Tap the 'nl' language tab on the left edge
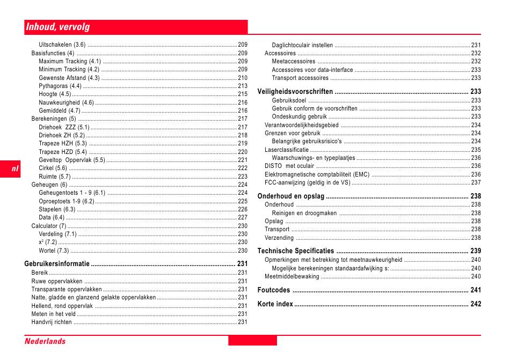(15, 168)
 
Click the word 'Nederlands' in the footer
(45, 341)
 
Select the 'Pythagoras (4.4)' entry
(60, 86)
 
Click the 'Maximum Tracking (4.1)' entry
(70, 61)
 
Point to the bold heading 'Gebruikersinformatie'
(57, 263)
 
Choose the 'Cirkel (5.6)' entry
(53, 168)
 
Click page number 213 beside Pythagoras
(243, 86)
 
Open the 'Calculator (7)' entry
(49, 226)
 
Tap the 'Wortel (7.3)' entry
(54, 251)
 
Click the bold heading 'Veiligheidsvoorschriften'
(295, 91)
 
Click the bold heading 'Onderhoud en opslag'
(291, 196)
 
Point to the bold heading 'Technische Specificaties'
(296, 251)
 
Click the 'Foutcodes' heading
(274, 290)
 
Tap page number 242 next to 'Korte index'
(476, 304)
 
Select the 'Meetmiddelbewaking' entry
(292, 277)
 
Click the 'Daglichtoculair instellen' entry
(302, 45)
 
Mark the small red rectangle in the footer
(252, 341)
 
